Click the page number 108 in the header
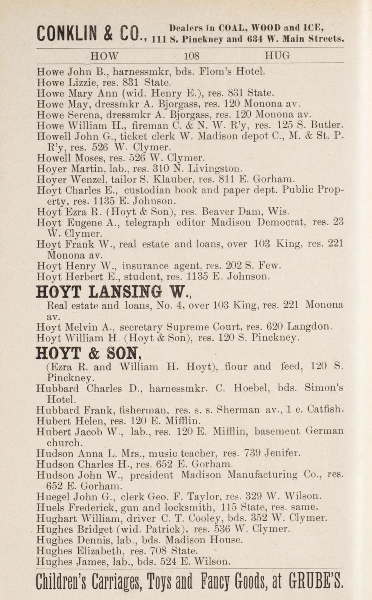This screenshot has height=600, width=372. (192, 56)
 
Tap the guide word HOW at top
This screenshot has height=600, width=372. (104, 56)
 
